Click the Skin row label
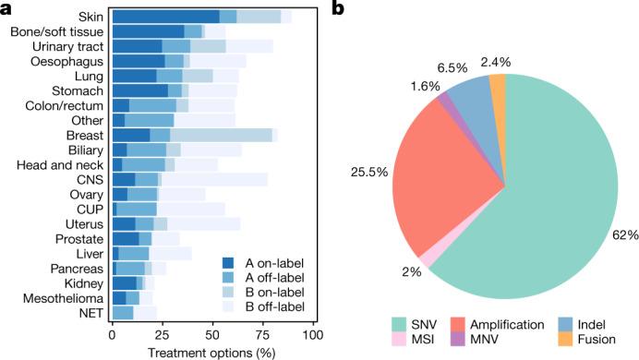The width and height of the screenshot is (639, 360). point(90,17)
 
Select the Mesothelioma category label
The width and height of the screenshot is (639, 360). point(66,297)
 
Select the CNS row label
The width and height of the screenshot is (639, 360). point(90,179)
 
